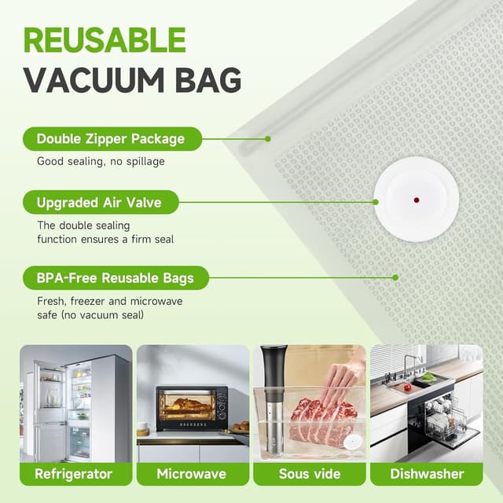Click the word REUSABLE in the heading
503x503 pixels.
coord(105,40)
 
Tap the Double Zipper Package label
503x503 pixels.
coord(110,139)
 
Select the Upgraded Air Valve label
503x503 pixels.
coord(98,203)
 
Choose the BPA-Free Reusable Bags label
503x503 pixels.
coord(114,277)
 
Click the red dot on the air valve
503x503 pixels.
coord(416,200)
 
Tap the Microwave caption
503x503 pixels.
coord(192,474)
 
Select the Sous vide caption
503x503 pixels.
coord(309,474)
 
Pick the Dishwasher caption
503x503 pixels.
coord(427,474)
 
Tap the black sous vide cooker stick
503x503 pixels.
coord(272,393)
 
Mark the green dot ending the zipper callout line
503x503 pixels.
coord(268,139)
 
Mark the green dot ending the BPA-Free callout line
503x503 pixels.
coord(395,277)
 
